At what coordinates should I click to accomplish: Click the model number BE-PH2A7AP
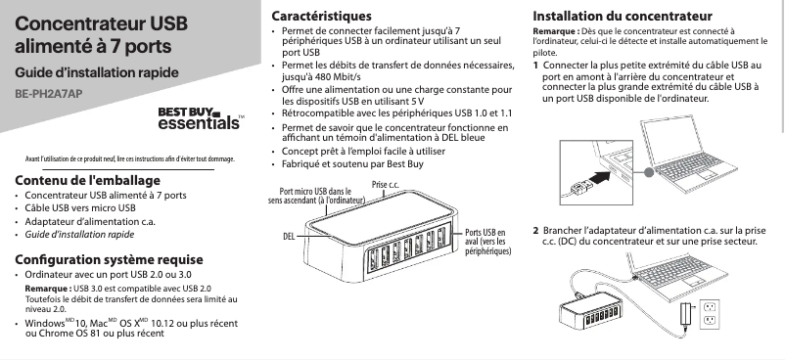click(49, 93)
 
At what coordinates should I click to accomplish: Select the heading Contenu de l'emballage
click(88, 180)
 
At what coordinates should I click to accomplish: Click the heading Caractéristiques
click(321, 16)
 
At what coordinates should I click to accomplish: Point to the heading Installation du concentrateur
click(623, 16)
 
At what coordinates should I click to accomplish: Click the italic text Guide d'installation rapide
click(79, 235)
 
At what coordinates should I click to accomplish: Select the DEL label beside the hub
click(289, 237)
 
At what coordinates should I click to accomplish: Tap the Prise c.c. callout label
click(385, 185)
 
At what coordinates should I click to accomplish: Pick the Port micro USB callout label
click(316, 196)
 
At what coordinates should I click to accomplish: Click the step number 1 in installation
click(535, 66)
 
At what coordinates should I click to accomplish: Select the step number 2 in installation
click(535, 231)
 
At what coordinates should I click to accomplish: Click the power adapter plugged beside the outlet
click(685, 314)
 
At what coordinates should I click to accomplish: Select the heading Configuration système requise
click(110, 260)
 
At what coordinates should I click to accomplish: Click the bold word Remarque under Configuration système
click(48, 289)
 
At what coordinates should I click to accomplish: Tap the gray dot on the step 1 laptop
click(649, 173)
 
